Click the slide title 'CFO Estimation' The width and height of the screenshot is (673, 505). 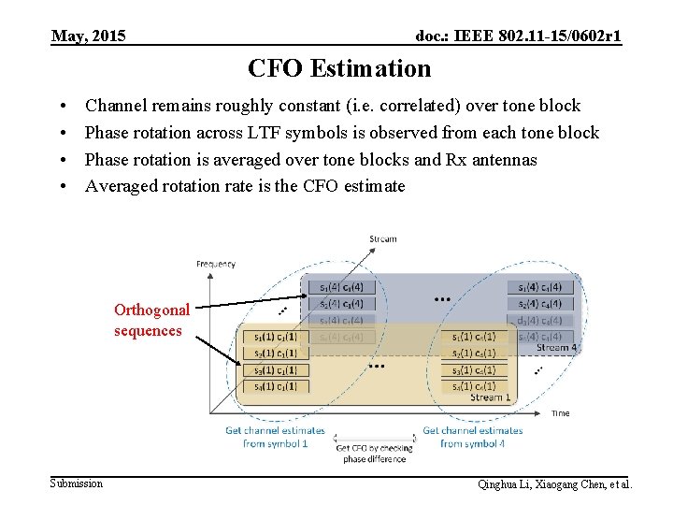(339, 68)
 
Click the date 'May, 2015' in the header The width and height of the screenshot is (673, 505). (89, 36)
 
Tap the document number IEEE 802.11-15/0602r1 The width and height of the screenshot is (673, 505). (519, 36)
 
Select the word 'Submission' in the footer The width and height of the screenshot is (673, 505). (77, 483)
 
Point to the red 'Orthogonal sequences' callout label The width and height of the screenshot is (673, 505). (151, 320)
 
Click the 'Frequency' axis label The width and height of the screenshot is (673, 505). (216, 264)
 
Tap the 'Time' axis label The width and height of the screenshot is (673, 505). (561, 412)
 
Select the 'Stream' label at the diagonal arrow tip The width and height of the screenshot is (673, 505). (383, 239)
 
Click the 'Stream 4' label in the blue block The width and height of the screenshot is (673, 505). (556, 348)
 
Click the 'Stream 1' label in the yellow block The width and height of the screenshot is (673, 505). (492, 397)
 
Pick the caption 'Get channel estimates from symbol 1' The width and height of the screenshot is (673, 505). (275, 437)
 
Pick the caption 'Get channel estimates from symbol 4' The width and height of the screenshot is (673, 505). (472, 437)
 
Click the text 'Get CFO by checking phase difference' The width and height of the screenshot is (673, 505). (374, 454)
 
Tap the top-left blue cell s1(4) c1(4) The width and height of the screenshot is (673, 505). (340, 287)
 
